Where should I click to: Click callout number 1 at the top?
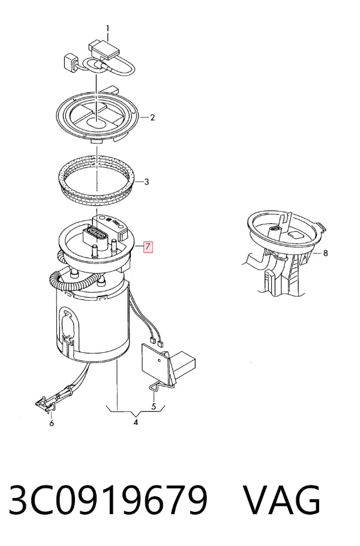[108, 28]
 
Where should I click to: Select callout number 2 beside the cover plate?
[152, 118]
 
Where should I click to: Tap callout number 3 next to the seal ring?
[146, 182]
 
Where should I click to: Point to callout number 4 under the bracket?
[136, 422]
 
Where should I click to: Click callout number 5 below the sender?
[154, 406]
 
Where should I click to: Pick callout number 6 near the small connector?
[52, 423]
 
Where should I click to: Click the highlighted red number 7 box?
[148, 247]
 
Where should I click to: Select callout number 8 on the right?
[326, 253]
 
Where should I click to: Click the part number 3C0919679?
[108, 500]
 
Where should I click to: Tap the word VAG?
[281, 500]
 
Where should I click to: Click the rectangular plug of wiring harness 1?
[104, 50]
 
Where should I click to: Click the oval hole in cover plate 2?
[97, 122]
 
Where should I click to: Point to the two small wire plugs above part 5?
[156, 341]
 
